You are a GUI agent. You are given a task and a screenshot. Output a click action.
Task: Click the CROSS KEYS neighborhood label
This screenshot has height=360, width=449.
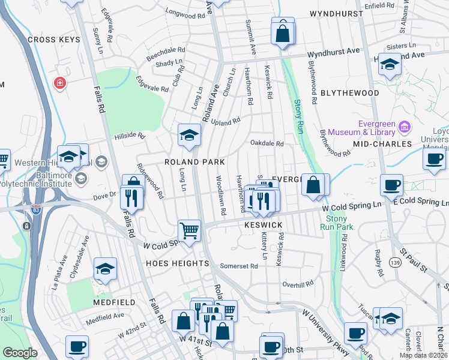tap(53, 39)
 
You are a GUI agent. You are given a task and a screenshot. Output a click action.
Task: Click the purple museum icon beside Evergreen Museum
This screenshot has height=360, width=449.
tap(405, 127)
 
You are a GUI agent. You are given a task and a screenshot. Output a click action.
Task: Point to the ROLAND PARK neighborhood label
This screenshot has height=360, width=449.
tap(194, 162)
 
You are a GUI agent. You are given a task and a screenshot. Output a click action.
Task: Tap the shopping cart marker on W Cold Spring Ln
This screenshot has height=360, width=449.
tap(189, 230)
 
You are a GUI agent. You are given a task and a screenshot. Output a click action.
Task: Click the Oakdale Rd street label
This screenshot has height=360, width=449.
tap(267, 143)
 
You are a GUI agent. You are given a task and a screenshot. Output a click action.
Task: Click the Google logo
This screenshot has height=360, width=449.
tap(20, 353)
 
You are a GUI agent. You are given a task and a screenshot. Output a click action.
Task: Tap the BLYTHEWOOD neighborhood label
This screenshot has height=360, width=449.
tap(349, 93)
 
